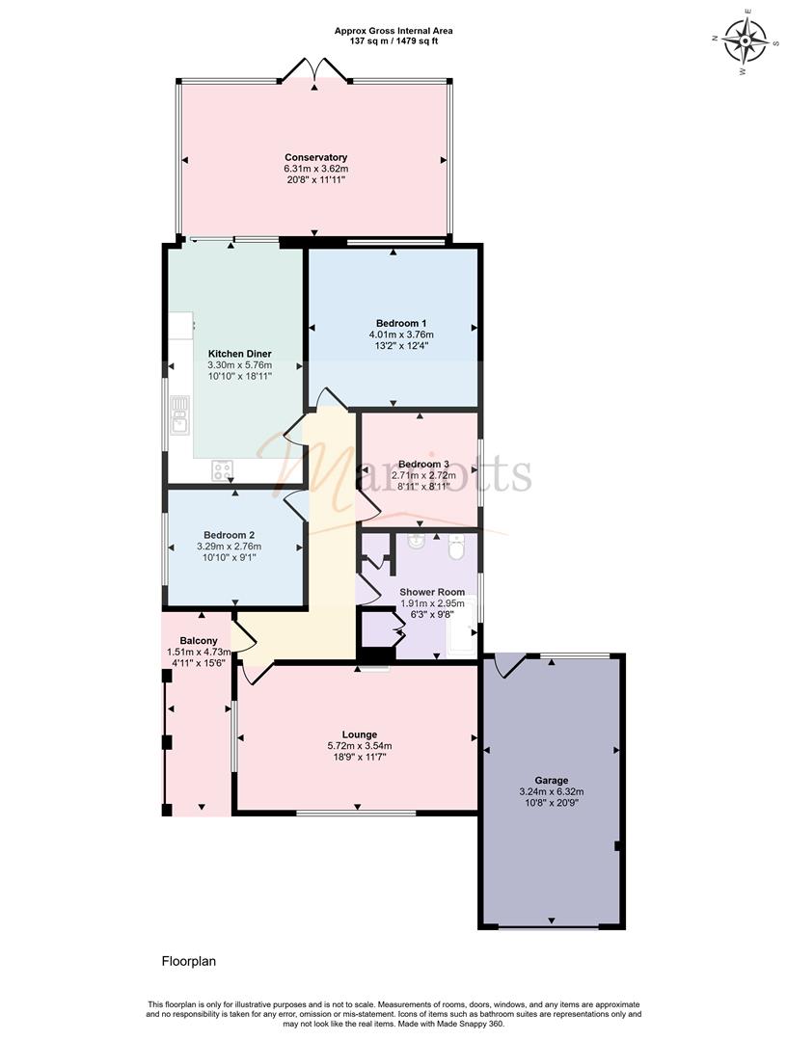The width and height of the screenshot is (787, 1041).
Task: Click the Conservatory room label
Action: tap(315, 157)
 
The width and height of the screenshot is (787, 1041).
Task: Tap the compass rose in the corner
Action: tap(746, 40)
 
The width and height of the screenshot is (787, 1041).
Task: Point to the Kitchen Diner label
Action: tap(240, 354)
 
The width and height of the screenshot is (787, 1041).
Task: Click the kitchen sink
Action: tap(180, 414)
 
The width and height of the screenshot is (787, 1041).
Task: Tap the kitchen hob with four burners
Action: tap(223, 470)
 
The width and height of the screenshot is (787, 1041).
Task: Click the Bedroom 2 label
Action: tap(230, 535)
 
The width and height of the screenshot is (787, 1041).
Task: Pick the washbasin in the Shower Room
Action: tap(417, 543)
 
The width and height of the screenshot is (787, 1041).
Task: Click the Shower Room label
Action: tap(432, 592)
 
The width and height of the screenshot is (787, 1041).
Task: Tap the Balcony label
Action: tap(199, 641)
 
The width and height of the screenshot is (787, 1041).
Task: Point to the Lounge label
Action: tap(360, 734)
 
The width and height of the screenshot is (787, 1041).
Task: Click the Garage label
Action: tap(552, 781)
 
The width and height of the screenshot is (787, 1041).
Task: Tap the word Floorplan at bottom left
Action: tap(189, 961)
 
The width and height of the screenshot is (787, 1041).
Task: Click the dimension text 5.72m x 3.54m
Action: tap(360, 746)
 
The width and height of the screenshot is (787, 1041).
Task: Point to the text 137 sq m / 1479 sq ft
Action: tap(393, 41)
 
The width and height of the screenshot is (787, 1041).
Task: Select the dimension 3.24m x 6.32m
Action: tap(552, 791)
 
